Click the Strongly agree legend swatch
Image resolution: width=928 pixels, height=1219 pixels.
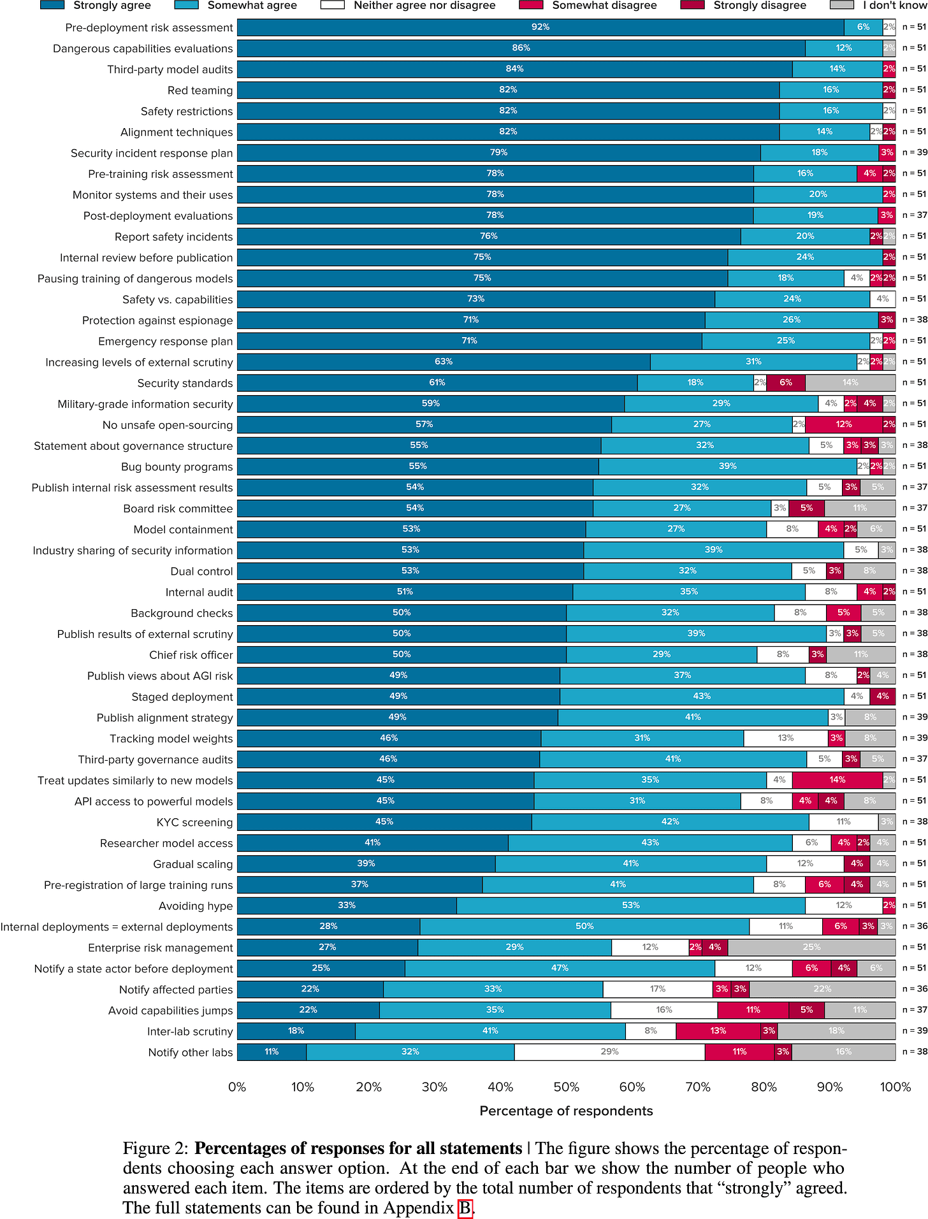coord(52,5)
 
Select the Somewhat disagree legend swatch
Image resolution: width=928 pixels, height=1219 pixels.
coord(531,5)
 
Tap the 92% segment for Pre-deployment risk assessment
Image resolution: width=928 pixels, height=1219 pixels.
coord(540,27)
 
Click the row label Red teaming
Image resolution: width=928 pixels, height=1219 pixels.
coord(199,90)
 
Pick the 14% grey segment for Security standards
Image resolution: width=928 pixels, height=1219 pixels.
coord(850,383)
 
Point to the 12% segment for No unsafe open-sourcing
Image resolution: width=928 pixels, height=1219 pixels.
coord(843,424)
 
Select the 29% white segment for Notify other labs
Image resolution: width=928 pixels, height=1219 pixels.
coord(609,1052)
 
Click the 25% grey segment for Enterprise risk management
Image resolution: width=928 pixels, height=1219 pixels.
coord(811,948)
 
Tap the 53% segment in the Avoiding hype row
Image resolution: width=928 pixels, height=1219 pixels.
coord(630,905)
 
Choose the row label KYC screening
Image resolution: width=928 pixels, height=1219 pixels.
coord(194,822)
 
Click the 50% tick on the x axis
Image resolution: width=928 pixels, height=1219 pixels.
coord(566,1087)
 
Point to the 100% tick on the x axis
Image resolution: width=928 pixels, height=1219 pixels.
coord(895,1087)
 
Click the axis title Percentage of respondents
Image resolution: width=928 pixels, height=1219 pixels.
coord(566,1111)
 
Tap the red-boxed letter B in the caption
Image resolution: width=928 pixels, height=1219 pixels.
coord(465,1208)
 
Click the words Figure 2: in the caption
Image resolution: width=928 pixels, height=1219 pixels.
coord(156,1149)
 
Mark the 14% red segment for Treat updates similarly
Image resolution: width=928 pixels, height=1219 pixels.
coord(837,780)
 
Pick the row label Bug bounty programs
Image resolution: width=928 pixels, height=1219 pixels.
coord(177,467)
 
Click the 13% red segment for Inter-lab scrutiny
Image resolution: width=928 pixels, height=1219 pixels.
coord(718,1031)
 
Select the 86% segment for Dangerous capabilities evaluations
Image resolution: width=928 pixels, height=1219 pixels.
coord(521,48)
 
